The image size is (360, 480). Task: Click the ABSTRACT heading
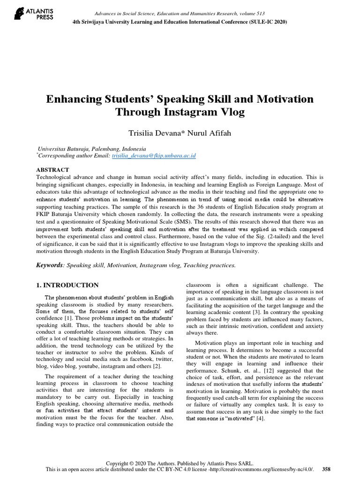(x=52, y=170)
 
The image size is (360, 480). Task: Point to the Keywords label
(x=50, y=265)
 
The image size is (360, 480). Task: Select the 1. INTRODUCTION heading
(x=67, y=285)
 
